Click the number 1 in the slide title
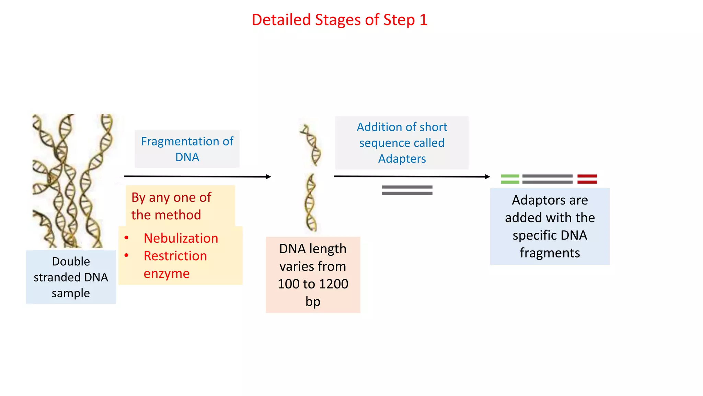[x=423, y=20]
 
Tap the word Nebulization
[x=181, y=238]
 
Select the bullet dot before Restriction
[x=126, y=255]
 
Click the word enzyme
[x=166, y=274]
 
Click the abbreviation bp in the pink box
[x=313, y=301]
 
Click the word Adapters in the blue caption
[x=402, y=159]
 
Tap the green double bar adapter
[x=510, y=179]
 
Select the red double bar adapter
[x=587, y=179]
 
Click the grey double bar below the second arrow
[x=407, y=190]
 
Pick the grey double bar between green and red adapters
[x=547, y=179]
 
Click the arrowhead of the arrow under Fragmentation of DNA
[x=268, y=177]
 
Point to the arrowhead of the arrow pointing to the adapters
[x=487, y=177]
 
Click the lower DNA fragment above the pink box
[x=311, y=203]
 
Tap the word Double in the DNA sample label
[x=71, y=262]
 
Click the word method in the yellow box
[x=178, y=215]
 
